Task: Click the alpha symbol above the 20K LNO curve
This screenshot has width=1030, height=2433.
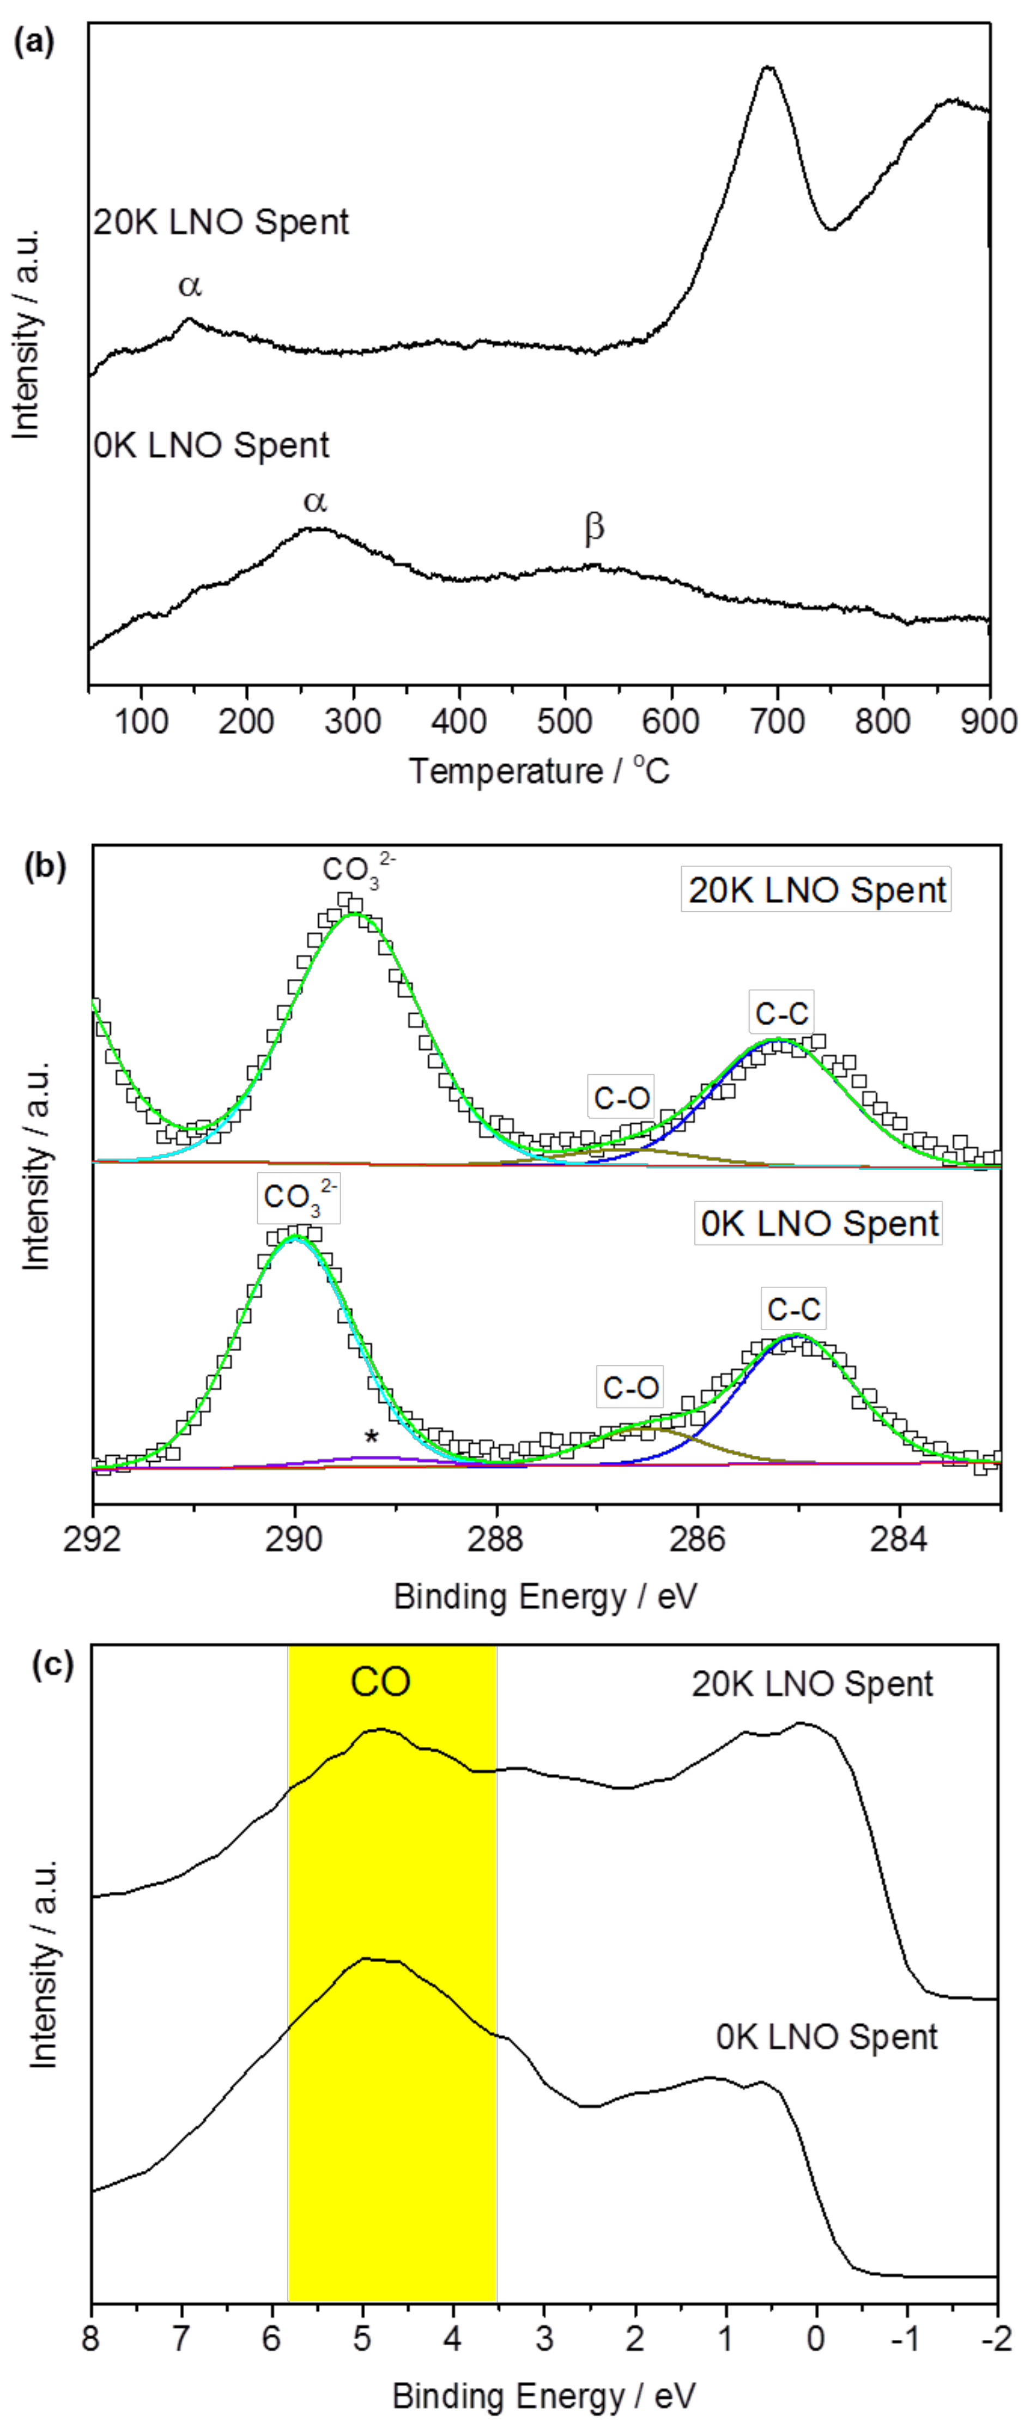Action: coord(190,285)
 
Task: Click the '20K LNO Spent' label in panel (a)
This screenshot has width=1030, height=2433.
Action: coord(221,222)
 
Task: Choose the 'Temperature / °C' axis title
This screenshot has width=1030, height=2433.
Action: coord(539,771)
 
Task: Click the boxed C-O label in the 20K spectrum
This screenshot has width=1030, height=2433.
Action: coord(621,1098)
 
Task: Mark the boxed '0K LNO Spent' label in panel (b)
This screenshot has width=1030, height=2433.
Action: coord(819,1223)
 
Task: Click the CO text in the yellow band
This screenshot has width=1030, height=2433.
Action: coord(380,1682)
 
